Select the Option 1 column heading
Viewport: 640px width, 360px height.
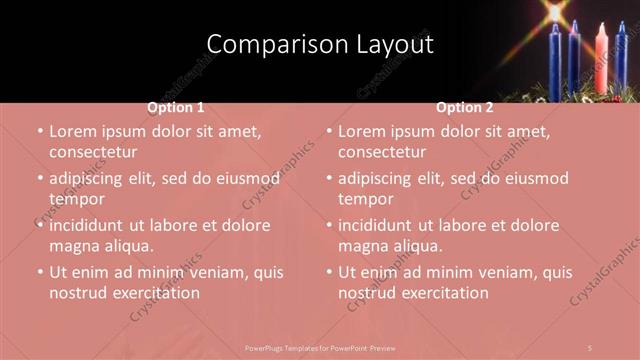point(176,107)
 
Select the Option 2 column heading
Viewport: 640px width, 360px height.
point(465,107)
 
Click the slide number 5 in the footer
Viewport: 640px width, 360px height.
point(591,347)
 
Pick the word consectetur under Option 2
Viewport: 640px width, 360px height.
point(381,152)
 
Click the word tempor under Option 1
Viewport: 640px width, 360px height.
point(76,199)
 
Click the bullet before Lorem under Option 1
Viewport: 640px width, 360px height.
point(39,132)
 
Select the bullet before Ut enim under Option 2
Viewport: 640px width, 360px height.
point(328,273)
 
